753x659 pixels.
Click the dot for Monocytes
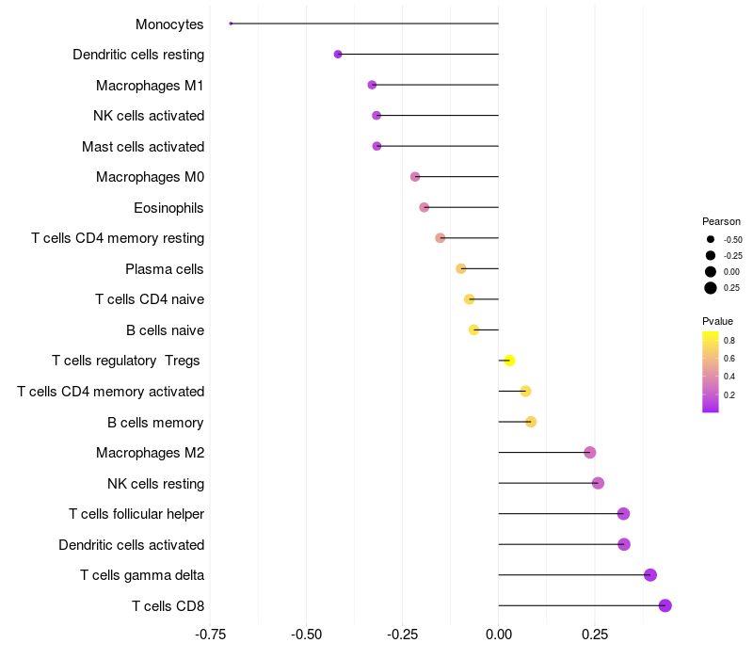(231, 24)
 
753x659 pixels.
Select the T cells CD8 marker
(665, 605)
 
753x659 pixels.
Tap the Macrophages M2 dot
(590, 453)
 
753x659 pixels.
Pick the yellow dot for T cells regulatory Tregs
(509, 361)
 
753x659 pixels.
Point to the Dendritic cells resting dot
(338, 55)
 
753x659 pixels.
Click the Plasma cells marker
(461, 268)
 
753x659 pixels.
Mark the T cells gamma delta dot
(649, 575)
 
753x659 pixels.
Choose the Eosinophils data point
(425, 207)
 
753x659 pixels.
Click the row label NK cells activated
(149, 116)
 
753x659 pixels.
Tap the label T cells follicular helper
(136, 514)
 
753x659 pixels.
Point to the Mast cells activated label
(143, 147)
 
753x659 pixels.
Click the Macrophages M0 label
(150, 177)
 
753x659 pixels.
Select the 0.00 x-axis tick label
(498, 635)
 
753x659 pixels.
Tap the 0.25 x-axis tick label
(594, 635)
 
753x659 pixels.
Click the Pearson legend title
(721, 221)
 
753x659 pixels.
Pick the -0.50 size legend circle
(711, 239)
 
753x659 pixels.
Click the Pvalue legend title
(717, 321)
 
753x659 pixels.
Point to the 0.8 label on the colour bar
(729, 340)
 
